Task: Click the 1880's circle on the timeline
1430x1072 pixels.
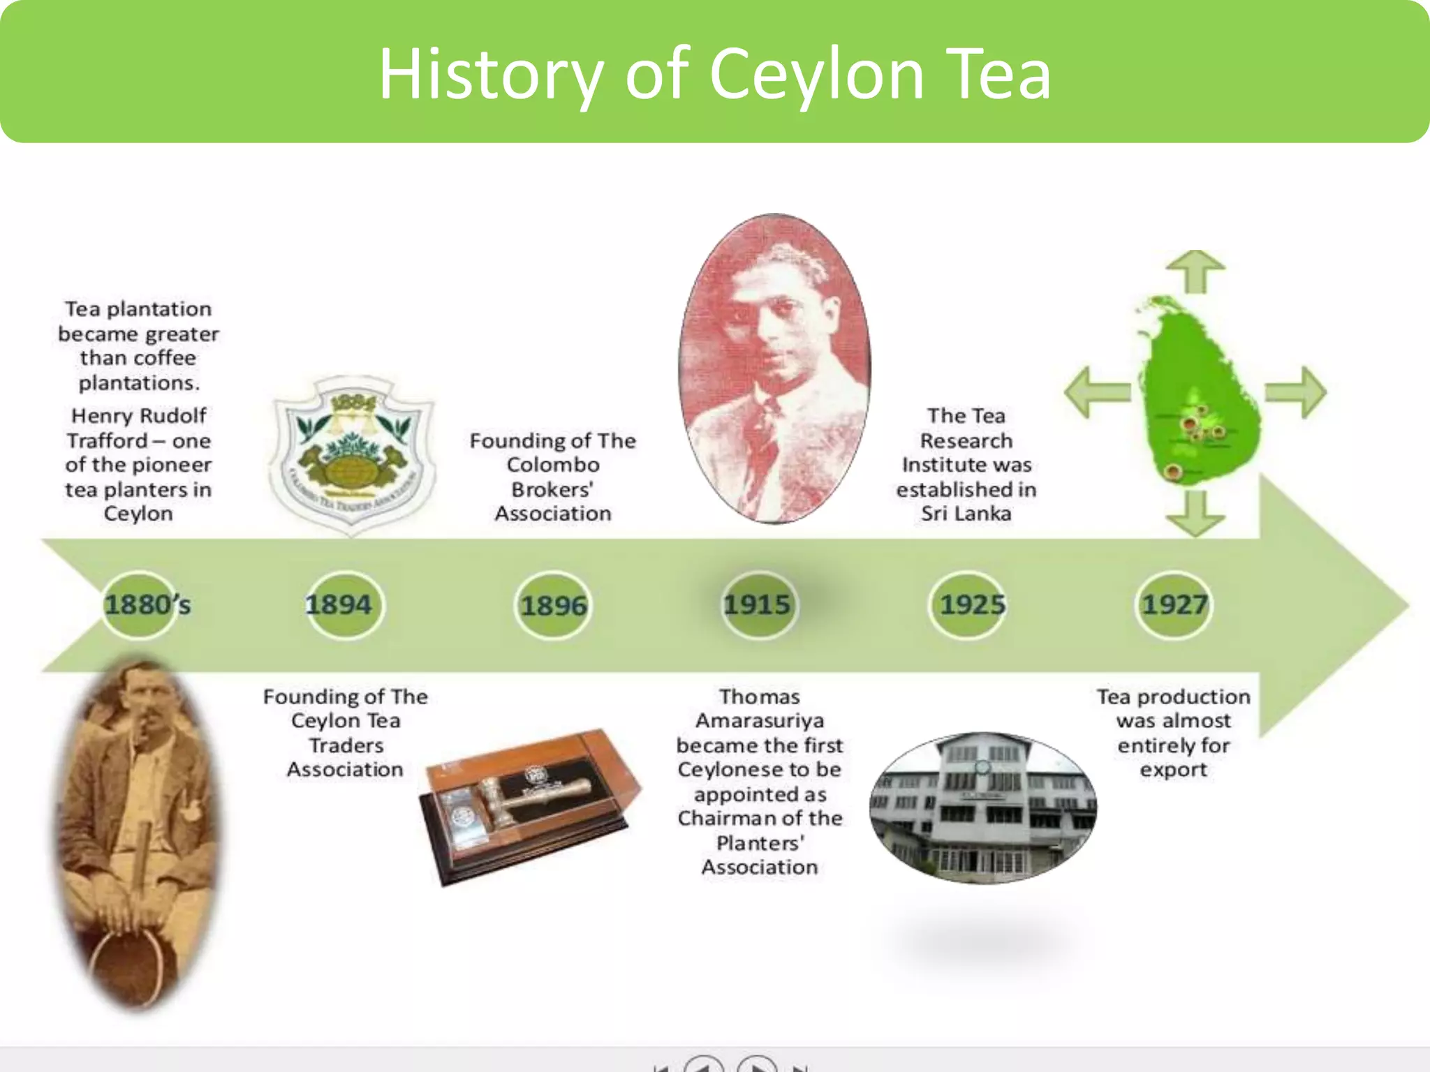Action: coord(140,604)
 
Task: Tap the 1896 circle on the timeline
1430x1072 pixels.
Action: coord(553,605)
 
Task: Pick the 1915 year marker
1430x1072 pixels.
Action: coord(758,604)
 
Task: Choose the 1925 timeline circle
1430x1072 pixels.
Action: coord(970,604)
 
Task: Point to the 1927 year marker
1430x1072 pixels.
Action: coord(1174,604)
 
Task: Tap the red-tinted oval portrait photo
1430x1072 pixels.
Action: coord(775,368)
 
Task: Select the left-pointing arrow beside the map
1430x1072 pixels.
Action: coord(1096,392)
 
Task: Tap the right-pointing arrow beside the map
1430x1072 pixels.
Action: coord(1296,392)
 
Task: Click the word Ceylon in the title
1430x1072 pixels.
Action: coord(816,74)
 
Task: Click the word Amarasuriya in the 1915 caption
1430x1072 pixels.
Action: coord(760,721)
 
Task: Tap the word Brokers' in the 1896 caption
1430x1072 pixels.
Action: coord(552,490)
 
